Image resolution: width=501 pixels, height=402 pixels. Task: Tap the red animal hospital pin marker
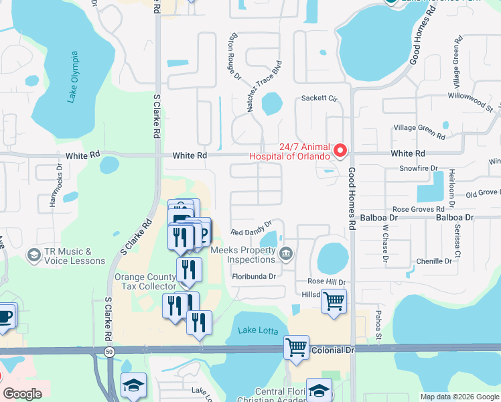pos(340,150)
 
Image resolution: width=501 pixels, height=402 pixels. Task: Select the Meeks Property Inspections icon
pos(286,253)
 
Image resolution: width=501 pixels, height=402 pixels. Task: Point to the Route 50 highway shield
pos(109,350)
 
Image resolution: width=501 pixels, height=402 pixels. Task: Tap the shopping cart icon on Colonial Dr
pos(296,348)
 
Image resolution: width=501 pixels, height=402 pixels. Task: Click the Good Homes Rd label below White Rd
pos(351,200)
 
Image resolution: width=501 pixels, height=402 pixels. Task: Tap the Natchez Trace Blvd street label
pos(263,86)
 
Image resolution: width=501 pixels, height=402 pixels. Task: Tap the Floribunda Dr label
pos(254,276)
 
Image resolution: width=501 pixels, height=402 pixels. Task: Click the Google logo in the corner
pos(23,395)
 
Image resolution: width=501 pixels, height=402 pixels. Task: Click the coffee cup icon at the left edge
pos(5,316)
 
